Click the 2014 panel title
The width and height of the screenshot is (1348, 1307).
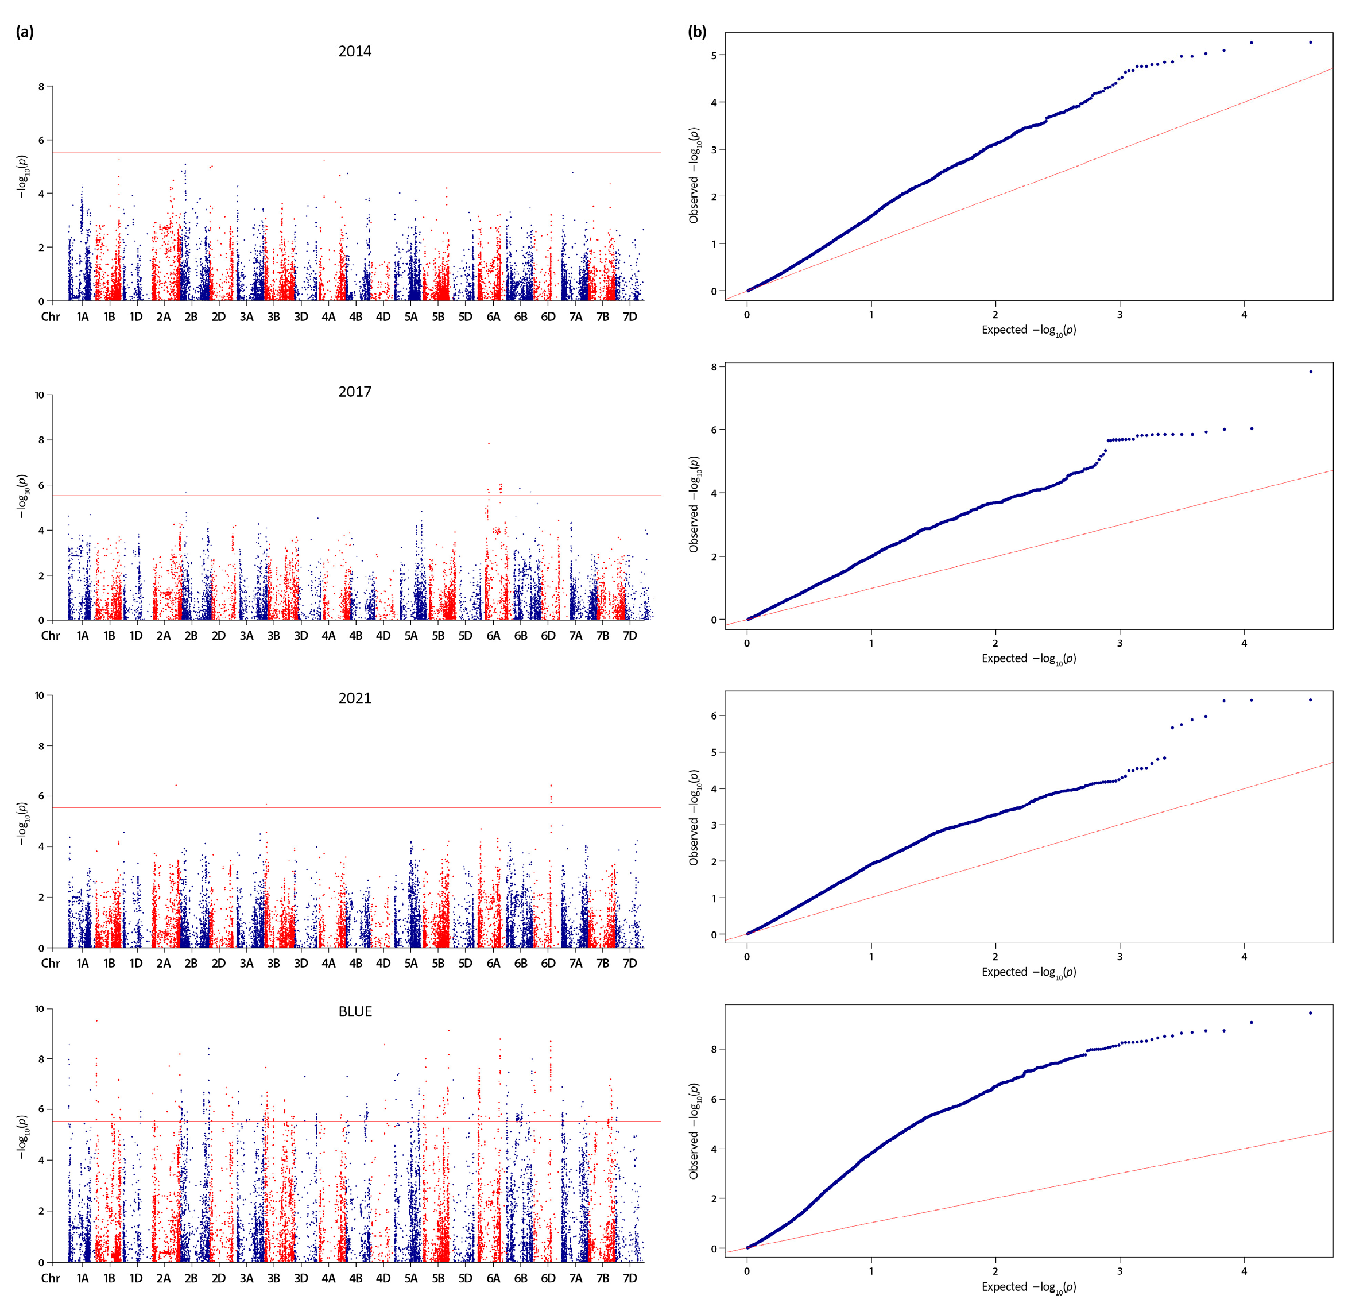tap(354, 52)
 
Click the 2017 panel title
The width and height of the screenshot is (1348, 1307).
tap(354, 392)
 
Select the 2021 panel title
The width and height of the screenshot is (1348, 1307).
tap(354, 698)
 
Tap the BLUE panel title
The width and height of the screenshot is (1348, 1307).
tap(355, 1011)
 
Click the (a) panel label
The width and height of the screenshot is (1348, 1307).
tap(25, 32)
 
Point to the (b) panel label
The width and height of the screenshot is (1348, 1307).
tap(697, 32)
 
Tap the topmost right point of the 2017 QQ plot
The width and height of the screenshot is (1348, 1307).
tap(1310, 372)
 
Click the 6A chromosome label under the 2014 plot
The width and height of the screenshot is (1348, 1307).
tap(493, 317)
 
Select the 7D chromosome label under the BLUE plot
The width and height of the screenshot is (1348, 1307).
tap(629, 1278)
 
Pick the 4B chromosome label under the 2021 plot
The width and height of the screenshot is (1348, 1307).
tap(355, 964)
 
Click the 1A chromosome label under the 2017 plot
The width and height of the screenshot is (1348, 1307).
tap(83, 636)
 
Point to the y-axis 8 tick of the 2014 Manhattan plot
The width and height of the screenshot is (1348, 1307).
tap(41, 87)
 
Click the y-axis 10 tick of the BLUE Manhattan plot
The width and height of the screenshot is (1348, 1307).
tap(39, 1009)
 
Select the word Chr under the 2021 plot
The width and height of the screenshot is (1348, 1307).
tap(50, 964)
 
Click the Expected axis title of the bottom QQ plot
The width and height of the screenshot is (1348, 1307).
tap(1028, 1287)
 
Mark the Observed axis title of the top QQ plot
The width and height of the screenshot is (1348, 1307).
tap(694, 175)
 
